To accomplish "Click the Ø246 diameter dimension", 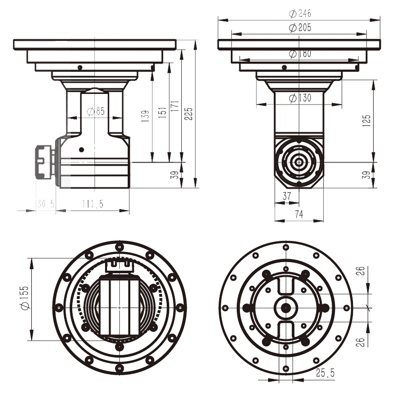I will (x=300, y=13).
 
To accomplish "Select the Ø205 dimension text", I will (x=300, y=28).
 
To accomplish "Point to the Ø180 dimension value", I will (x=300, y=54).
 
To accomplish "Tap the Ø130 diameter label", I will (x=300, y=98).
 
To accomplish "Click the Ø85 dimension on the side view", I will (x=95, y=112).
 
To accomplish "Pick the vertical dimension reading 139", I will (x=146, y=117).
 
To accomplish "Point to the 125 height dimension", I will (x=367, y=119).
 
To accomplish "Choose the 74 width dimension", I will (x=298, y=214).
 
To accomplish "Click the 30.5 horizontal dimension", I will (x=45, y=204).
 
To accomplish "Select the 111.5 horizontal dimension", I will (x=92, y=204).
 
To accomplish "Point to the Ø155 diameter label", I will (x=24, y=299).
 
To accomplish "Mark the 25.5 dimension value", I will (x=325, y=373).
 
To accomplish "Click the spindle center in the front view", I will (x=299, y=162).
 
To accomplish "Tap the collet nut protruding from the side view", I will (x=44, y=162).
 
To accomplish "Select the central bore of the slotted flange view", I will (x=286, y=307).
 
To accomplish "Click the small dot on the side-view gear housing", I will (x=81, y=149).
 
